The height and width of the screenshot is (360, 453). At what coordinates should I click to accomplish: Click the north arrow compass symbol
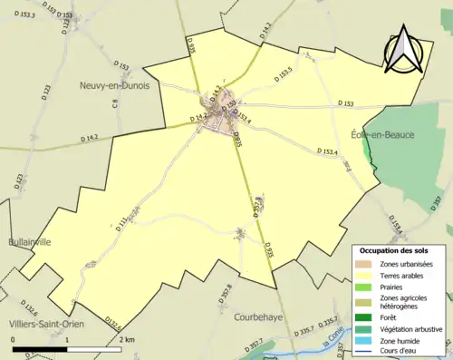407,50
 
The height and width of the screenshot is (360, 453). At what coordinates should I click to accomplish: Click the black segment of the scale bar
40,347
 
